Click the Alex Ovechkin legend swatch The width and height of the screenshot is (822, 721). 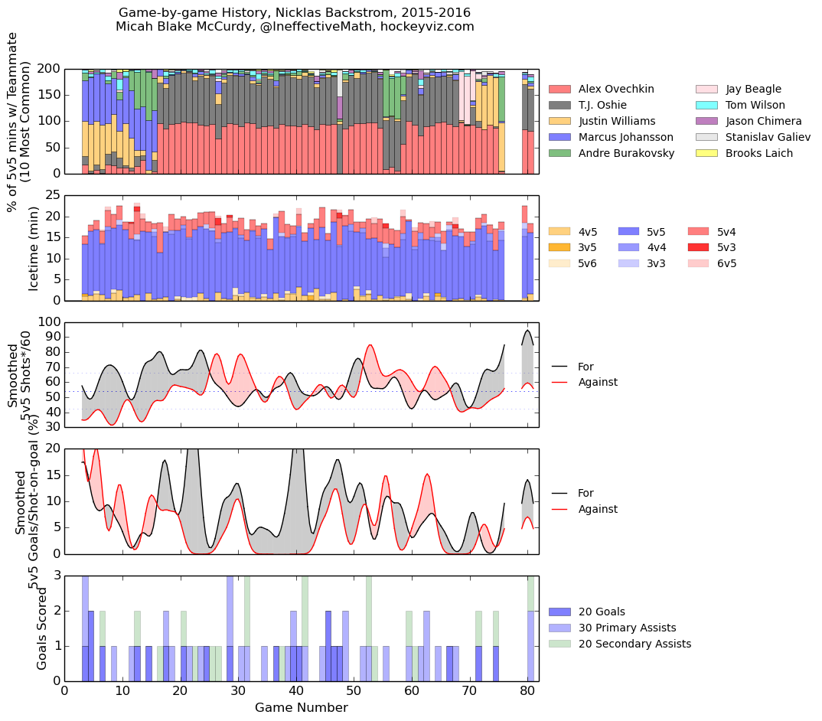pos(560,89)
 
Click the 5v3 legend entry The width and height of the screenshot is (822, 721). pos(726,247)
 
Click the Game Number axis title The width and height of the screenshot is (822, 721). pos(302,708)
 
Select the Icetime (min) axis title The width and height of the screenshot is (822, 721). pos(34,248)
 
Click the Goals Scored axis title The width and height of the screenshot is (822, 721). pos(43,628)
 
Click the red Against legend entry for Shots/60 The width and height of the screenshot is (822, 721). pos(598,382)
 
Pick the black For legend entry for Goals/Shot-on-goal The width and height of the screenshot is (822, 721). pos(586,493)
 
